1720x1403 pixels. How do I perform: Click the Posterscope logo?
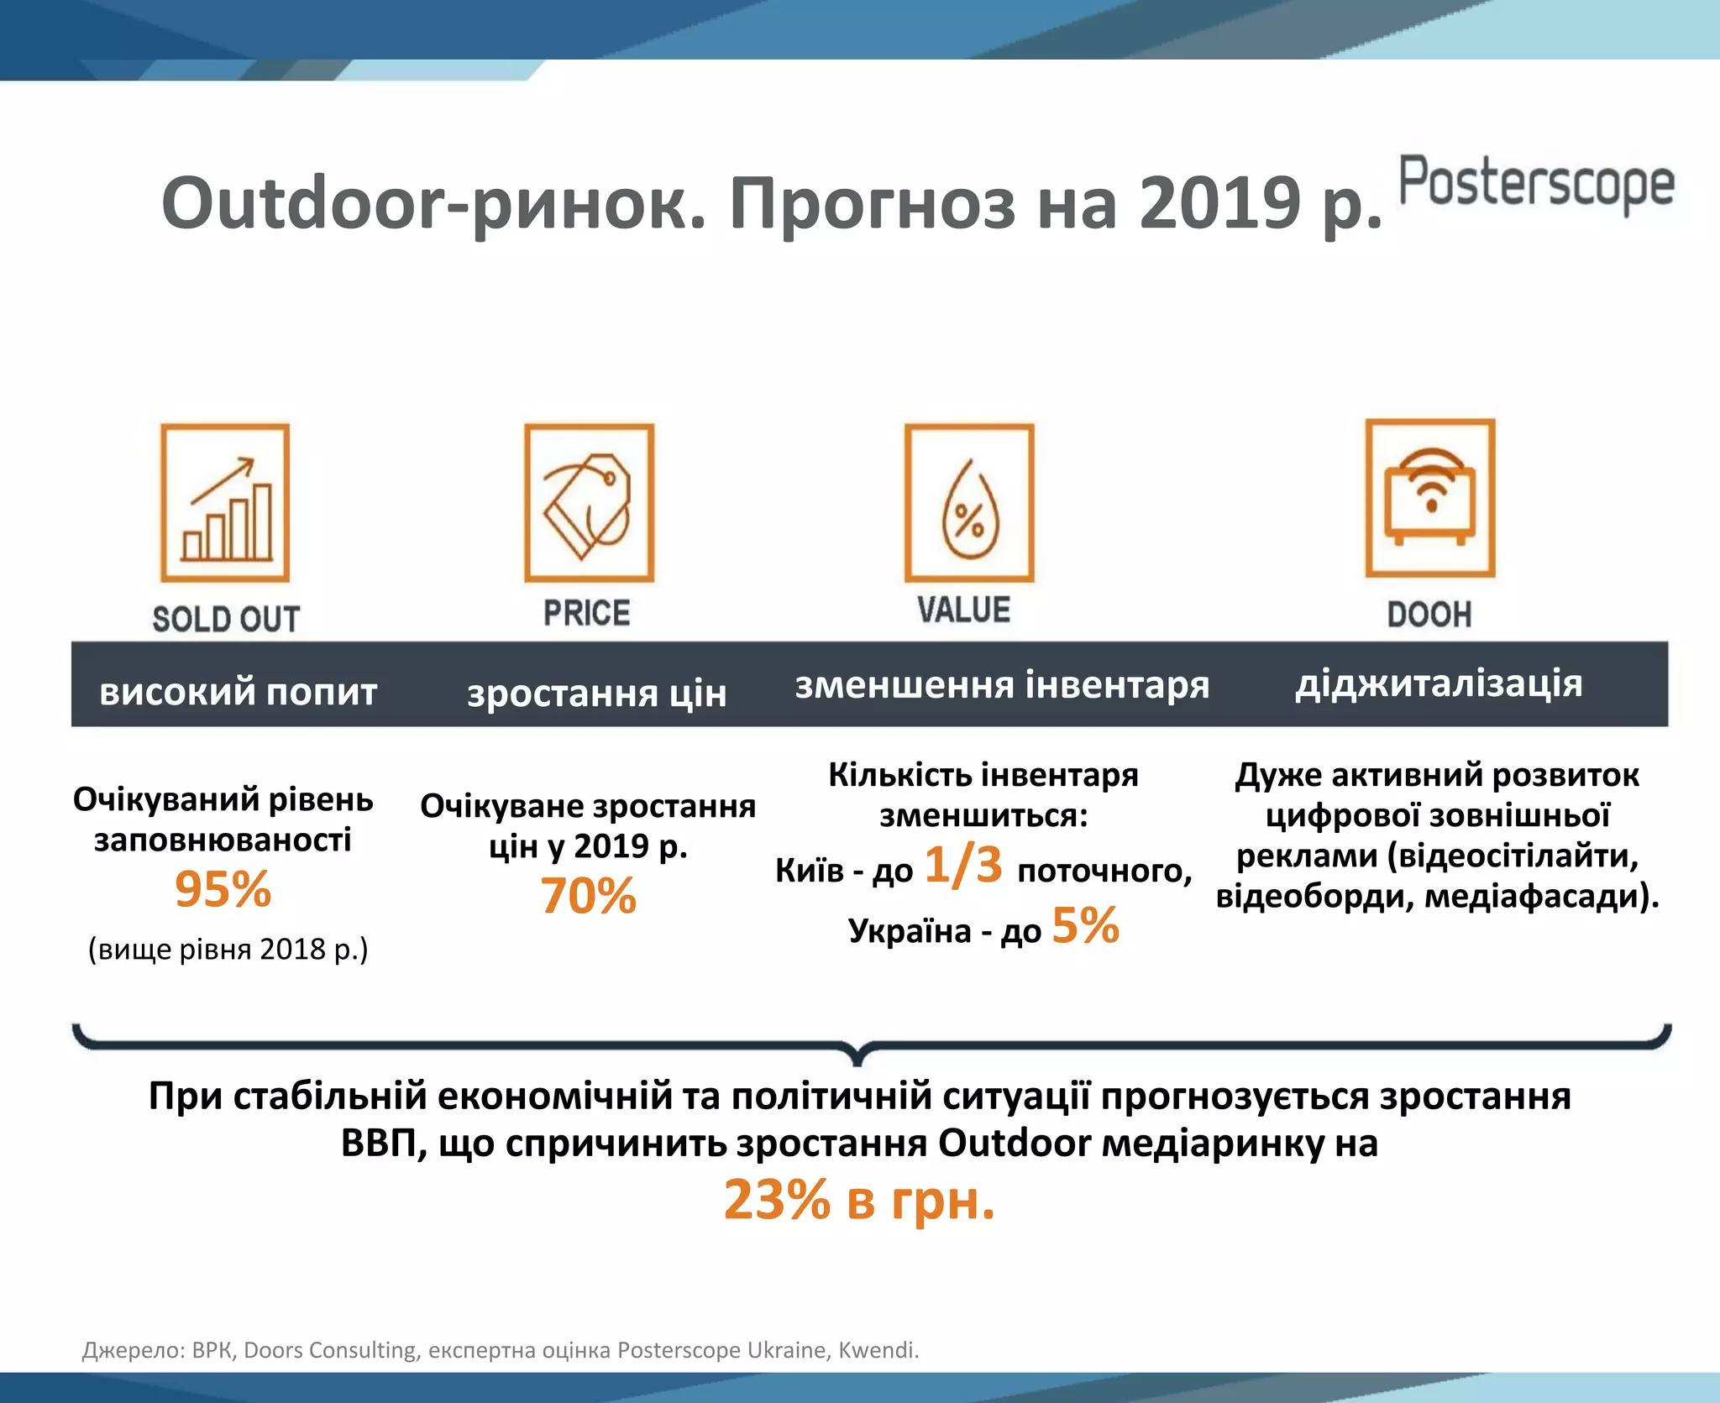(x=1536, y=184)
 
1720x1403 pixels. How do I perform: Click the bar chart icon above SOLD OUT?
(x=225, y=503)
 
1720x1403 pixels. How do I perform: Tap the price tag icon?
(x=589, y=503)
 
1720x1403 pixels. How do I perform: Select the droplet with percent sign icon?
(x=969, y=503)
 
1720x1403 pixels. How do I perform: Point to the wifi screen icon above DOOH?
(x=1430, y=499)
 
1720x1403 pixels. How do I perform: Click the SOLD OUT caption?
(x=225, y=620)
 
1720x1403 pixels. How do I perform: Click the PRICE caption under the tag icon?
(x=586, y=613)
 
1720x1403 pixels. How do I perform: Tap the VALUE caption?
(x=963, y=610)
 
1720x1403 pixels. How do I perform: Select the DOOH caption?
(x=1429, y=615)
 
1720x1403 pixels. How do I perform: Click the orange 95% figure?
(x=223, y=889)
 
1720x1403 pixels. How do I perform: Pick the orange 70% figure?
(x=588, y=896)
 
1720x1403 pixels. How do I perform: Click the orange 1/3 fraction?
(x=963, y=865)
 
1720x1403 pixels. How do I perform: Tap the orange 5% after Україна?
(x=1085, y=926)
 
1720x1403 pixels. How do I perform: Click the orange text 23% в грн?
(x=858, y=1200)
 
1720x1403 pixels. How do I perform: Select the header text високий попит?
(x=238, y=692)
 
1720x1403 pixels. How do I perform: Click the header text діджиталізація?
(x=1439, y=683)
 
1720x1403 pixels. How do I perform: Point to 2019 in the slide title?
(x=1219, y=204)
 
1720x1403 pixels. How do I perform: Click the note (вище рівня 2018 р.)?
(x=228, y=950)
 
